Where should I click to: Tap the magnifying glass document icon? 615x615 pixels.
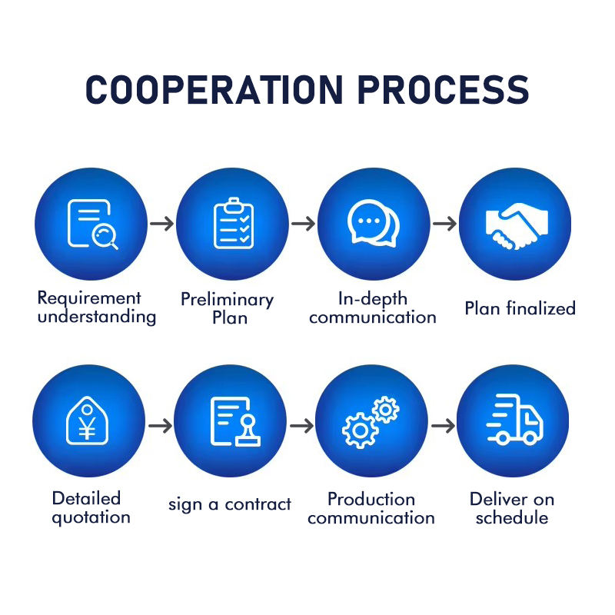click(91, 224)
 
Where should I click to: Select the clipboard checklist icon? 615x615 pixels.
click(233, 224)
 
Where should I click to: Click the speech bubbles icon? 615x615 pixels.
click(374, 224)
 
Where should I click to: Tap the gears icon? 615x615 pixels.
click(371, 421)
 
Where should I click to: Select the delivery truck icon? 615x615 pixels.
click(514, 421)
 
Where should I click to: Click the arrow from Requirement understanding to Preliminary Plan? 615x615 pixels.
click(161, 224)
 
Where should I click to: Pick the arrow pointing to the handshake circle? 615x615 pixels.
click(444, 224)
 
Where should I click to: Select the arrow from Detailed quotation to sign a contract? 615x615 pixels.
click(160, 425)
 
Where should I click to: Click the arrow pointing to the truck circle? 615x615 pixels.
click(443, 425)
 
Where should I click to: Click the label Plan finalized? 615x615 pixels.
click(520, 309)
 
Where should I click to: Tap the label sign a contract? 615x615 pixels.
click(230, 505)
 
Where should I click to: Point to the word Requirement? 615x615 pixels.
click(89, 298)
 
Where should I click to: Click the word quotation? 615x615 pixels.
click(91, 517)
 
